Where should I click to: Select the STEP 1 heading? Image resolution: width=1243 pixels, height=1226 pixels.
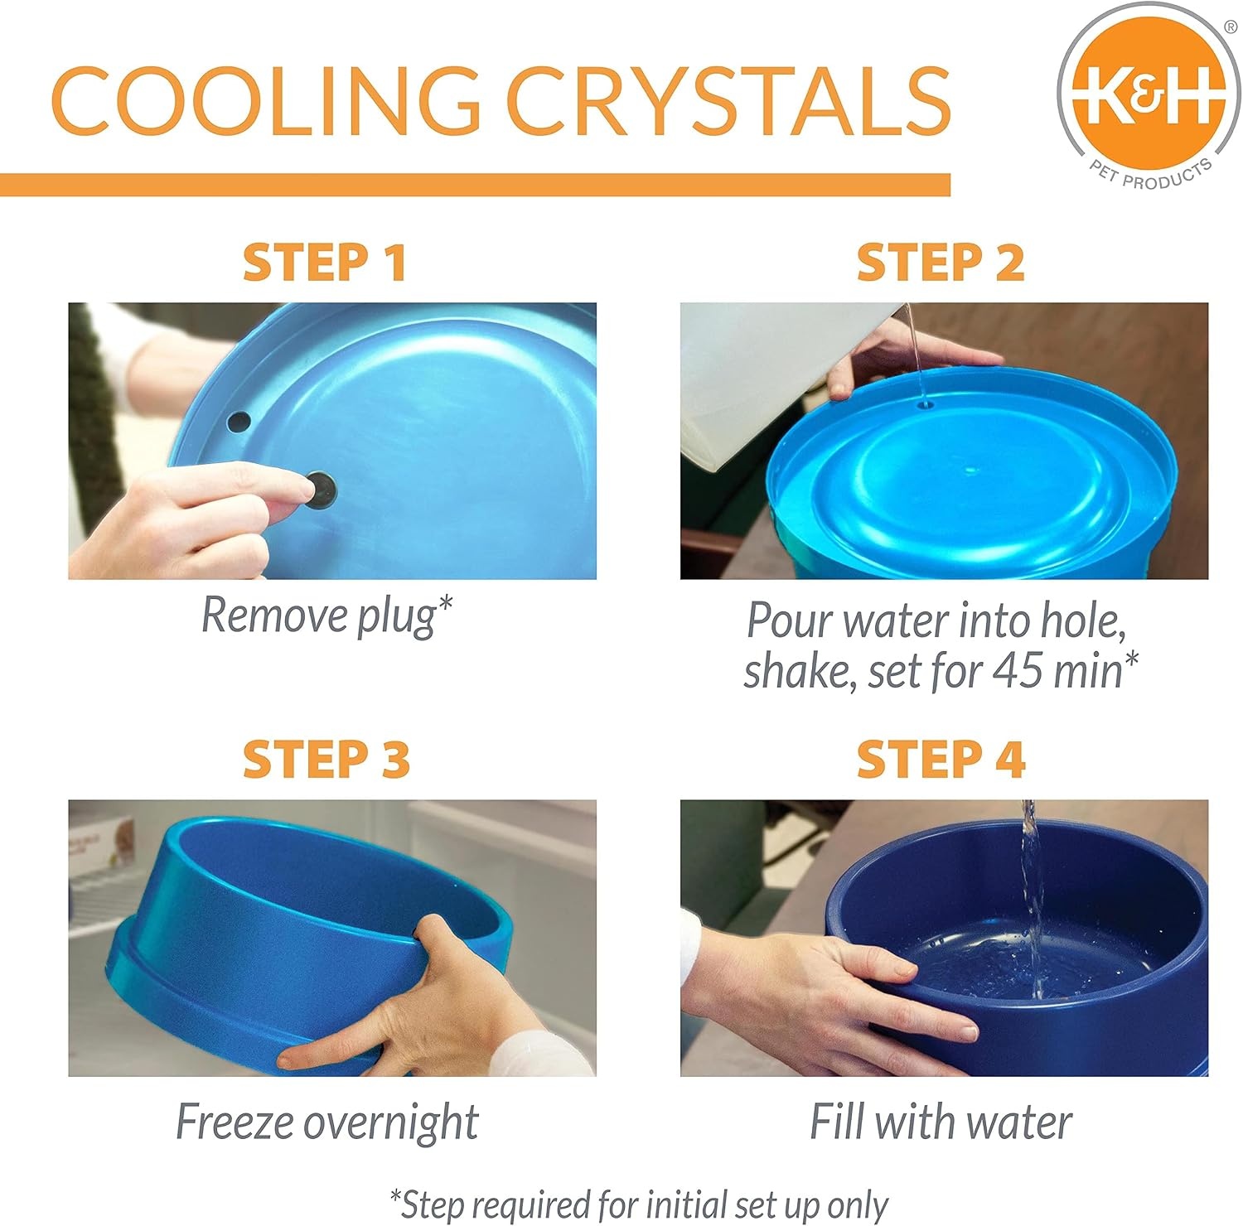pyautogui.click(x=325, y=263)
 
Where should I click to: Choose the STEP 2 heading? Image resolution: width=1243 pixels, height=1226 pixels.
pyautogui.click(x=941, y=263)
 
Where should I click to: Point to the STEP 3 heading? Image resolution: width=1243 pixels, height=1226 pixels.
pyautogui.click(x=326, y=759)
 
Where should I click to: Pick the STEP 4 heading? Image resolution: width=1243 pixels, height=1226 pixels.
pyautogui.click(x=941, y=759)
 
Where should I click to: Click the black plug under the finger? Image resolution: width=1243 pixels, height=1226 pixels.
pyautogui.click(x=321, y=490)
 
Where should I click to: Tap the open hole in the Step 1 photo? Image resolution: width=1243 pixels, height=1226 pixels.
pyautogui.click(x=239, y=421)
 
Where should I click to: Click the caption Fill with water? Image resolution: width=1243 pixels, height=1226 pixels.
pyautogui.click(x=941, y=1122)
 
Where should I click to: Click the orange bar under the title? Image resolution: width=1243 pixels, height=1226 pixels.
pyautogui.click(x=475, y=185)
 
